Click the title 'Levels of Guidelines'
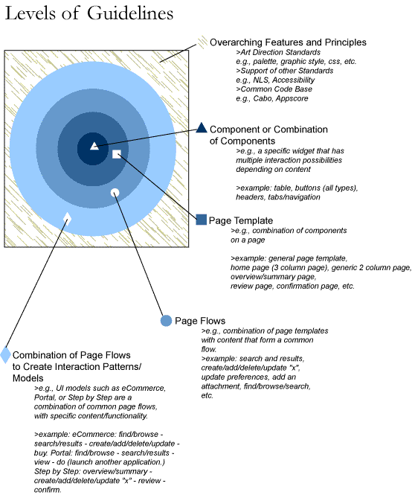coord(89,13)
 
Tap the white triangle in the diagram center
coord(94,146)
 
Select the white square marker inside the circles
coord(117,154)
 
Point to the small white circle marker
coord(115,193)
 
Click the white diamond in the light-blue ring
coord(67,218)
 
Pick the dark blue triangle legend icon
coord(202,127)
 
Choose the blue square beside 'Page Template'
coord(201,220)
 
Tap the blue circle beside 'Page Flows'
coord(166,321)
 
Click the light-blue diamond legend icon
coord(5,355)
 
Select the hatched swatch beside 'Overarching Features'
coord(202,42)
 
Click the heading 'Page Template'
coord(241,220)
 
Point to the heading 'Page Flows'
coord(200,321)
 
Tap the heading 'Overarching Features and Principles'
coord(288,42)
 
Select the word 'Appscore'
coord(292,98)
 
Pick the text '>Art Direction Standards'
coord(278,52)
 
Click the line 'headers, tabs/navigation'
coord(278,197)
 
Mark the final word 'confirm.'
coord(48,490)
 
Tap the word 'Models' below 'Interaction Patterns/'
coord(28,378)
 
